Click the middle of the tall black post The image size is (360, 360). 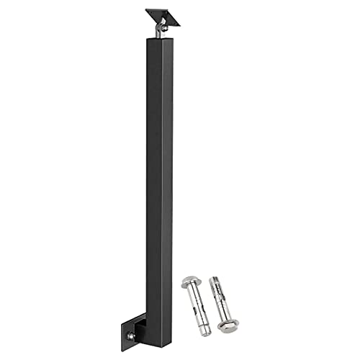click(159, 180)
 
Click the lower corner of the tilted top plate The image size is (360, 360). click(171, 24)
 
